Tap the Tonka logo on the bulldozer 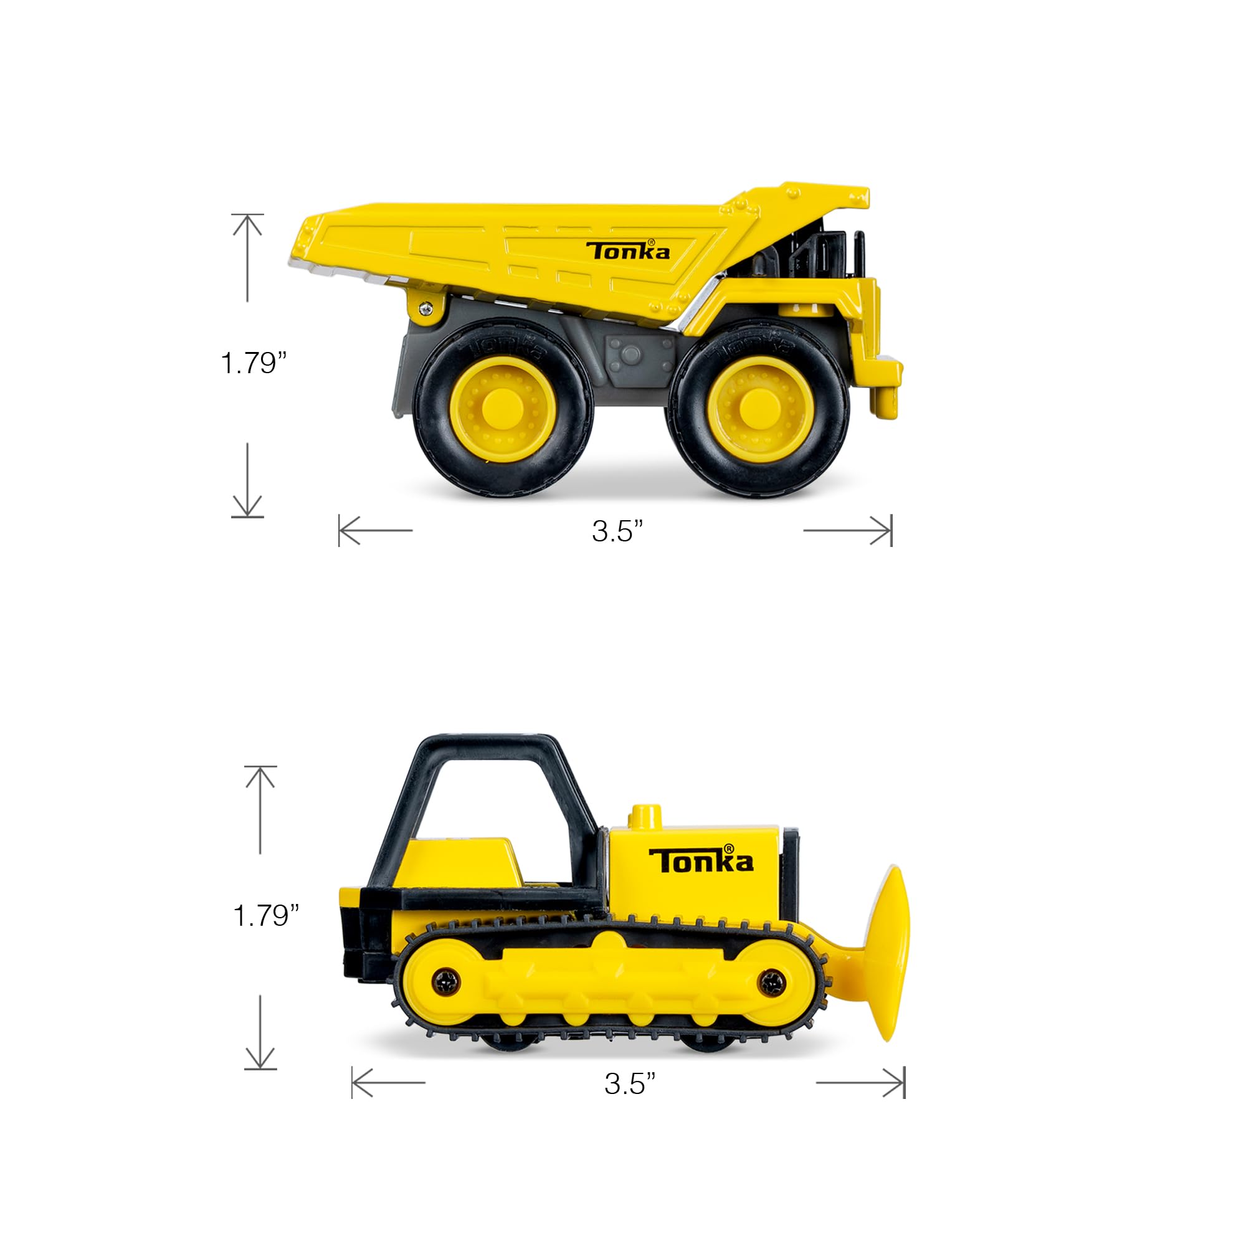700,859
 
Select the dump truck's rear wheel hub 503,405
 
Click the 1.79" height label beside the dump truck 253,363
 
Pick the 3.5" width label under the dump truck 617,531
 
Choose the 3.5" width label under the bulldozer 629,1083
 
